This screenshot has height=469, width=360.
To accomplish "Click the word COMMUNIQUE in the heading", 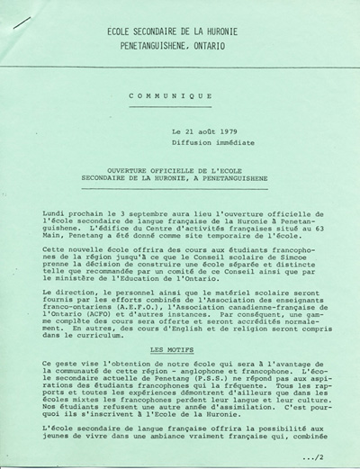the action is pos(170,95).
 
